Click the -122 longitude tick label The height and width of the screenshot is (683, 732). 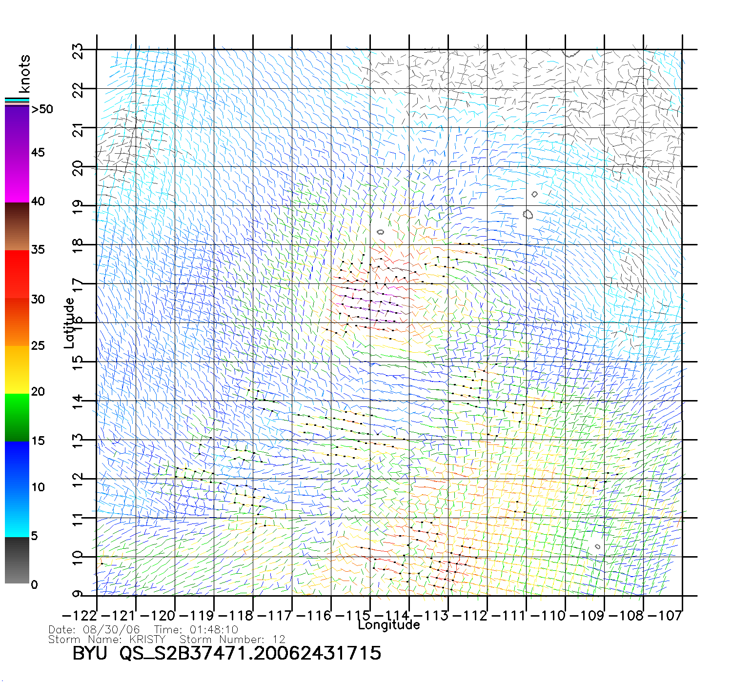(x=79, y=616)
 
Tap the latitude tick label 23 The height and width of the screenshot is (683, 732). (x=78, y=51)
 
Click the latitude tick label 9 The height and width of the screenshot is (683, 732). (x=78, y=594)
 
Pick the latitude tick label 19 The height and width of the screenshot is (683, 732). (x=78, y=207)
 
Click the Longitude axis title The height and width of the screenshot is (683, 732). (x=388, y=625)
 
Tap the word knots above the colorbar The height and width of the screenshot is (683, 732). (x=24, y=74)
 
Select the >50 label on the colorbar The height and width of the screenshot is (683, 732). (x=42, y=109)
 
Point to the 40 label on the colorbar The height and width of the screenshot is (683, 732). (x=38, y=201)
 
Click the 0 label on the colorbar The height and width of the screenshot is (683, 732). (x=34, y=585)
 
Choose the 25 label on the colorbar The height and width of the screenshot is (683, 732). (x=38, y=346)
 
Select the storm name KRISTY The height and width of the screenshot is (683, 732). (x=147, y=640)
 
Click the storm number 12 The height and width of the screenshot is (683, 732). (x=279, y=640)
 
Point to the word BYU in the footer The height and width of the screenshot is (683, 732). (x=90, y=653)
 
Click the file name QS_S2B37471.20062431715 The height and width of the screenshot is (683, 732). (x=250, y=653)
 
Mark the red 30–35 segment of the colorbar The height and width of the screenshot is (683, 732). (x=17, y=274)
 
